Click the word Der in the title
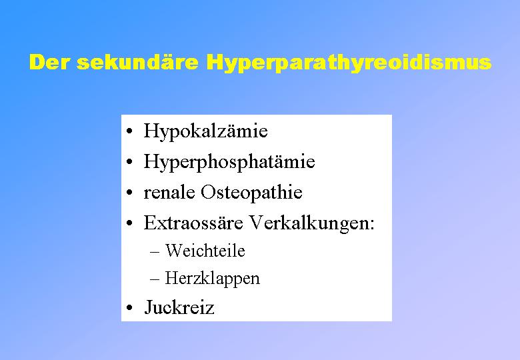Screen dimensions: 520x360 49,62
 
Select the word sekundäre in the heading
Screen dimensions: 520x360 137,62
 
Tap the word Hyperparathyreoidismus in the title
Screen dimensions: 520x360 349,63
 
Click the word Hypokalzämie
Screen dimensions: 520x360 205,131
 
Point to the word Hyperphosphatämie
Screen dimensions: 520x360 229,161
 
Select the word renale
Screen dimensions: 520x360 169,192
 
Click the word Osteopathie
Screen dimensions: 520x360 251,192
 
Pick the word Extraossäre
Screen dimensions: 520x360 193,223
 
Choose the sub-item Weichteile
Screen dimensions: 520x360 205,250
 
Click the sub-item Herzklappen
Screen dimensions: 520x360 212,278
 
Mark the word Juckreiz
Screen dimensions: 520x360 179,307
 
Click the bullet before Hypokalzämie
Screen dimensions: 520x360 130,131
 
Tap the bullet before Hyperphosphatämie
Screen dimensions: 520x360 130,162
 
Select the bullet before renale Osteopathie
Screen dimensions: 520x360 130,193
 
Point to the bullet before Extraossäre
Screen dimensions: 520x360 130,223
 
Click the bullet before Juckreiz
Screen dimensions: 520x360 130,307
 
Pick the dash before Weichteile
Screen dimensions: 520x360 155,252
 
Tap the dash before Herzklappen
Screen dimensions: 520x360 155,279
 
